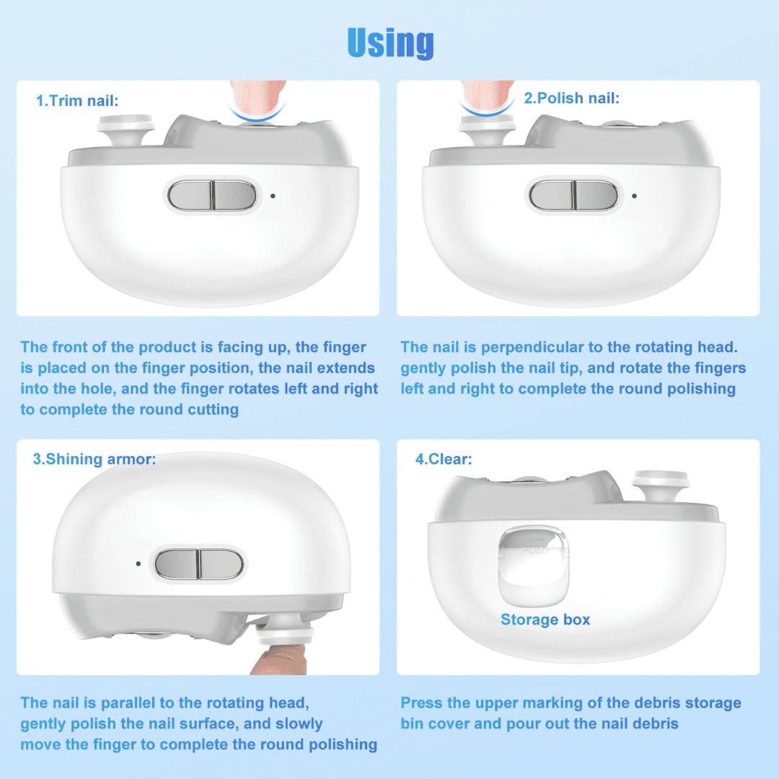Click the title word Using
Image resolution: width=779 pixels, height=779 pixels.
tap(390, 43)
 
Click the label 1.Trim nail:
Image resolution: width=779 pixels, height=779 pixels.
tap(77, 101)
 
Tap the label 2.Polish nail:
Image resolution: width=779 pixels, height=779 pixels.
tap(571, 98)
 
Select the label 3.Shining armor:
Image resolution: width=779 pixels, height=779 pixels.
tap(94, 459)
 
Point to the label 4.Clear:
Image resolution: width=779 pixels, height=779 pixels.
tap(444, 459)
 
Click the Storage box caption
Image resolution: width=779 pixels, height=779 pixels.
tap(545, 620)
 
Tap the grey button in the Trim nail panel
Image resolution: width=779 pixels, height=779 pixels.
tap(213, 195)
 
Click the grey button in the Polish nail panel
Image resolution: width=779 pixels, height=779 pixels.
tap(574, 195)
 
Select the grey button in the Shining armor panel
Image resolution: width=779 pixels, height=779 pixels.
tap(199, 563)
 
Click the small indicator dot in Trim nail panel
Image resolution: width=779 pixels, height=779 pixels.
tap(273, 195)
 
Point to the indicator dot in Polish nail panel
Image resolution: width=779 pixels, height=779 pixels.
tap(634, 195)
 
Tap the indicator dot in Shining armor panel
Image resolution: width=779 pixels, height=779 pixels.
tap(138, 563)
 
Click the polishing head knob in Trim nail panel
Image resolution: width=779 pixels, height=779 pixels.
tap(128, 130)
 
